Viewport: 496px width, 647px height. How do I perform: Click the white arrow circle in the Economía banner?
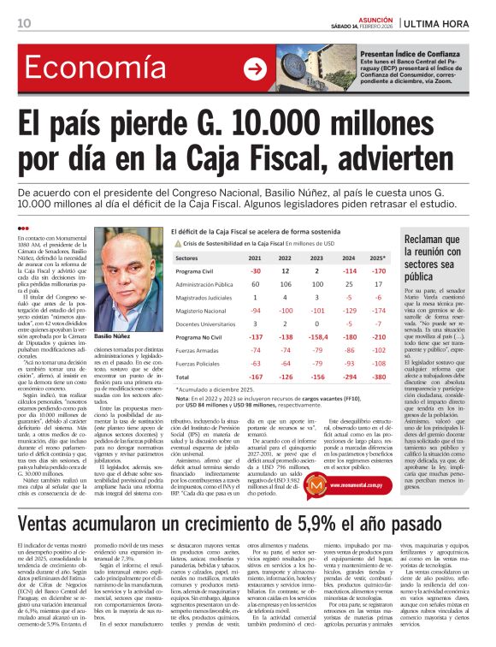coord(254,69)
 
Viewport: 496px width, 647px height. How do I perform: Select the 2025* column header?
coord(379,258)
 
